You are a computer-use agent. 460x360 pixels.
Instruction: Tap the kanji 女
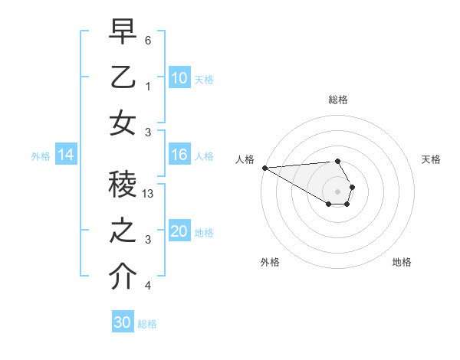coord(123,123)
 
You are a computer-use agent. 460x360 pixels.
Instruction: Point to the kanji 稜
coord(123,184)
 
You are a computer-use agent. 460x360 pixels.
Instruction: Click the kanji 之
coord(123,230)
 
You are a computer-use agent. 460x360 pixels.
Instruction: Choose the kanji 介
coord(123,276)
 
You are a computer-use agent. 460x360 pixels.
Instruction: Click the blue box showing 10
coord(179,78)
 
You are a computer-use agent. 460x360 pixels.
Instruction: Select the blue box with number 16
coord(179,155)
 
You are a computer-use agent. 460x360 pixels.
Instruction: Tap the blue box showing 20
coord(179,232)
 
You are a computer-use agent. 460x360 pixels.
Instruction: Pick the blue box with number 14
coord(66,155)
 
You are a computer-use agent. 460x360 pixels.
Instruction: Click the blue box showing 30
coord(123,322)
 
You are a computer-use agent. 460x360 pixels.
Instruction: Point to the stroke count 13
coord(149,195)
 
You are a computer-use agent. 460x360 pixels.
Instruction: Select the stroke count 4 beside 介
coord(148,286)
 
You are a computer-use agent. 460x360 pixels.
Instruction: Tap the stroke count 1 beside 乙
coord(148,87)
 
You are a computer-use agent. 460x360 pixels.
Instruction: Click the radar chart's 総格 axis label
coord(337,100)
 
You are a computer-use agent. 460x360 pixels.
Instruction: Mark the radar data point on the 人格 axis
coord(264,168)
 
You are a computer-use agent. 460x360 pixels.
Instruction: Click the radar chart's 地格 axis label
coord(402,262)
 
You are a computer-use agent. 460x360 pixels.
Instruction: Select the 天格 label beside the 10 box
coord(204,79)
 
